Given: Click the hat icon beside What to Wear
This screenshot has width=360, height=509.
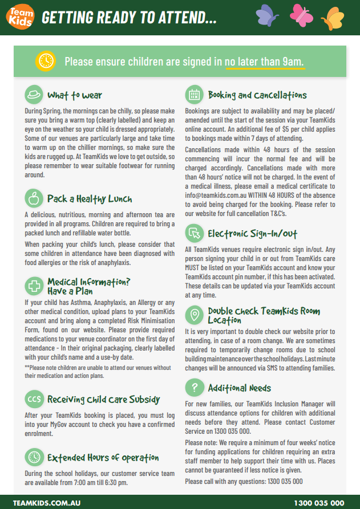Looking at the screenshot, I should point(34,95).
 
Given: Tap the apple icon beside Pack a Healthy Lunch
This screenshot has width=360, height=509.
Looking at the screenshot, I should point(34,198).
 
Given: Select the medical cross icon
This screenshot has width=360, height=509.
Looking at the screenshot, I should point(34,286).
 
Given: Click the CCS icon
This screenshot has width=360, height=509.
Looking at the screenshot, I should point(34,399).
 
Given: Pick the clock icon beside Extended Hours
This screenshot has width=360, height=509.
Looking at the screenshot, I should point(34,457).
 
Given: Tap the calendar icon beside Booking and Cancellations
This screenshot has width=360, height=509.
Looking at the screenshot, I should point(195,95).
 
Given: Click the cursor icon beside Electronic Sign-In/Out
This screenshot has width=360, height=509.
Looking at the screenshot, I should point(195,233).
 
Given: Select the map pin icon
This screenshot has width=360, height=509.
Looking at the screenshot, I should point(195,315).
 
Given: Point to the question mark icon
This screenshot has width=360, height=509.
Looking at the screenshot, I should point(195,388).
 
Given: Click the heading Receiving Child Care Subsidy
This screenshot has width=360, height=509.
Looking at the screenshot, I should point(103,399).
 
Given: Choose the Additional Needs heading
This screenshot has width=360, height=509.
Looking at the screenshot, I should point(239,388).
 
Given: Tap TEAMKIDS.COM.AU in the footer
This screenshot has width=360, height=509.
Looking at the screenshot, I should point(46,503).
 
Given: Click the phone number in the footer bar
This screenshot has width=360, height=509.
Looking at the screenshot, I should point(319,503).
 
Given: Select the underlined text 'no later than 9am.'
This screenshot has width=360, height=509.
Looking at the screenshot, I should point(265,62).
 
